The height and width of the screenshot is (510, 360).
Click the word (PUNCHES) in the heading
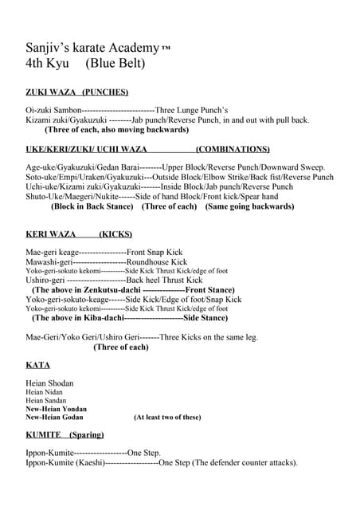[105, 92]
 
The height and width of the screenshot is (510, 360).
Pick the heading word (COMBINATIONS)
[233, 149]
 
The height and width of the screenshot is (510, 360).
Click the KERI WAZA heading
[50, 234]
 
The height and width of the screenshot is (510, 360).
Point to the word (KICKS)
[115, 234]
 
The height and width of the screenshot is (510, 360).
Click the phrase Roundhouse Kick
[158, 261]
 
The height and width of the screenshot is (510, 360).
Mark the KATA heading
[37, 365]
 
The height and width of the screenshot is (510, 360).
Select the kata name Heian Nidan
[44, 392]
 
